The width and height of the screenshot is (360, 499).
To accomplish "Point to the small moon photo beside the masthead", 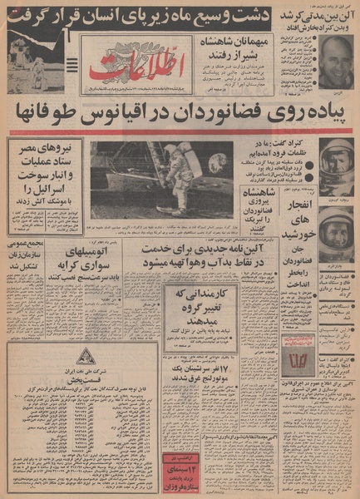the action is tap(37, 62).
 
